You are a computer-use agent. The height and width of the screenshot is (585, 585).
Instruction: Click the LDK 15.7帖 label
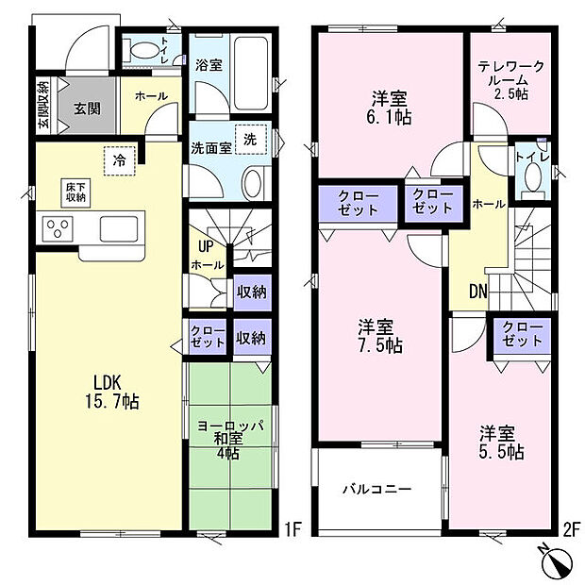point(116,392)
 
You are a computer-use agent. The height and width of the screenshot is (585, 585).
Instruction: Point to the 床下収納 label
point(75,192)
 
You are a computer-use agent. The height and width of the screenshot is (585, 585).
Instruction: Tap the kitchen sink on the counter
point(118,228)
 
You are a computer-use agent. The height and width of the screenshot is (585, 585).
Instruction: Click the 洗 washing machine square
point(250,138)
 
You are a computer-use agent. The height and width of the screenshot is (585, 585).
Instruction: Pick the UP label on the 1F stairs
point(203,247)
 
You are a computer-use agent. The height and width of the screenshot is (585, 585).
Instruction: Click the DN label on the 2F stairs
point(477,293)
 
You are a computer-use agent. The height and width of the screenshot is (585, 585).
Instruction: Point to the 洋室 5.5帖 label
point(500,443)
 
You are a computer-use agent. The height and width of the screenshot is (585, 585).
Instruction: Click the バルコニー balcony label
point(376,490)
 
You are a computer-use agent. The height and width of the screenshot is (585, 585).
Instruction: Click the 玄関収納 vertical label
point(43,105)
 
